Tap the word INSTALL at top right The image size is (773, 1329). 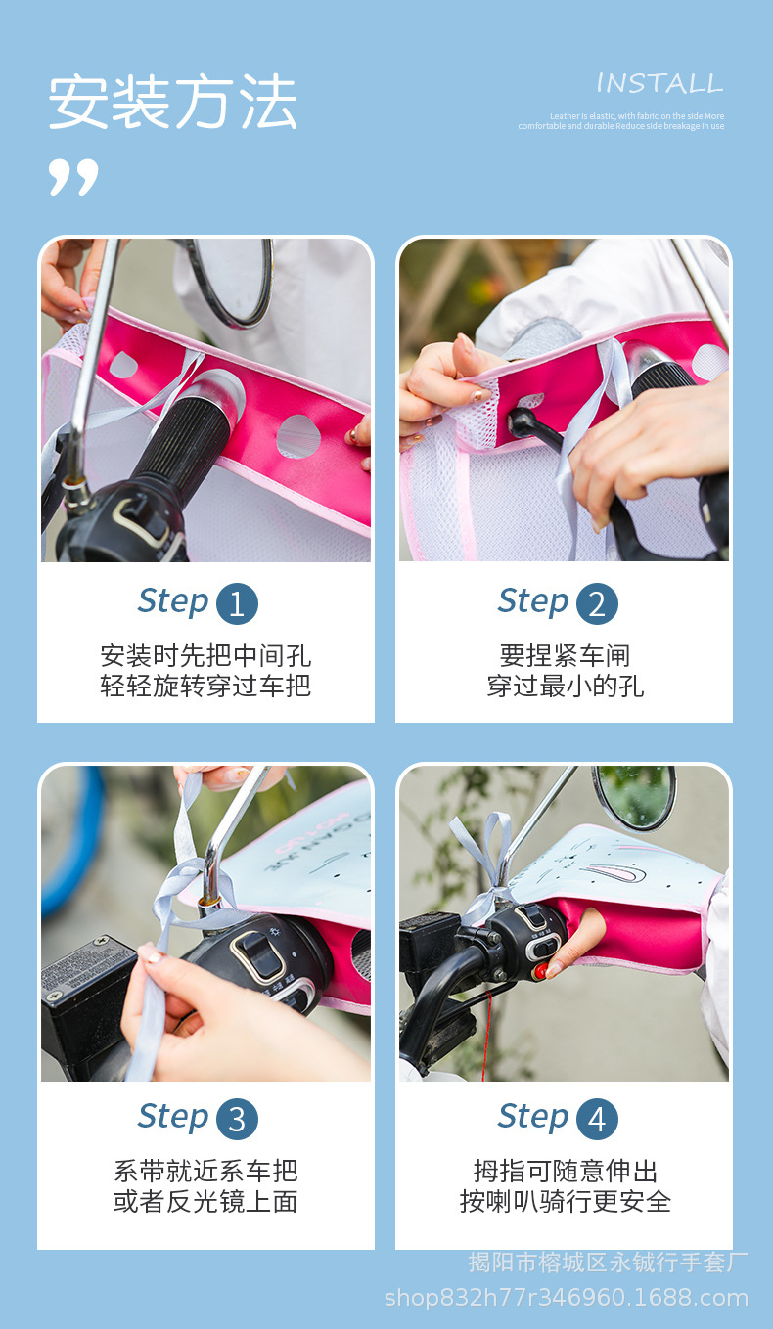tap(659, 83)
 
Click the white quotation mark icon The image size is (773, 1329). tap(73, 176)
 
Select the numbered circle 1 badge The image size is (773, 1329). tap(237, 603)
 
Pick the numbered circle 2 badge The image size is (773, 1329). tap(597, 603)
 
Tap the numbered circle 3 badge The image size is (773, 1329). tap(237, 1119)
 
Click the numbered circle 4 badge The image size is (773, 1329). tap(597, 1119)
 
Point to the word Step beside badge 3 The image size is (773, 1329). tap(173, 1116)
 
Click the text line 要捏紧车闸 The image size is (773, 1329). tap(565, 655)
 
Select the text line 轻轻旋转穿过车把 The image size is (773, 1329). tap(205, 686)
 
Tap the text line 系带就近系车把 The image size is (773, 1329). tap(205, 1171)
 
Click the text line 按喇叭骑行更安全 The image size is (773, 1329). tap(565, 1201)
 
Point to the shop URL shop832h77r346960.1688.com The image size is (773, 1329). tap(566, 1298)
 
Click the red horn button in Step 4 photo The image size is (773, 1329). tap(540, 971)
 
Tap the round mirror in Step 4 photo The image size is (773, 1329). tap(634, 796)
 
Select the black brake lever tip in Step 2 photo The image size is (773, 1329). tap(520, 421)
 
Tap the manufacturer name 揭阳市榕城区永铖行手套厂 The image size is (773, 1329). tap(608, 1263)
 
